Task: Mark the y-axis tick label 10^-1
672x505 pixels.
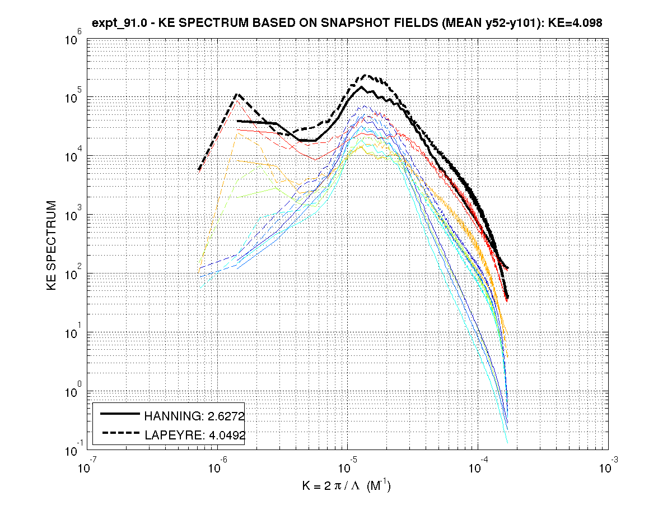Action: pyautogui.click(x=73, y=450)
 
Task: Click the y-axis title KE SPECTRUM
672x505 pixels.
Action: pyautogui.click(x=52, y=245)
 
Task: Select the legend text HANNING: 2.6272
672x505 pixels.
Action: pyautogui.click(x=194, y=416)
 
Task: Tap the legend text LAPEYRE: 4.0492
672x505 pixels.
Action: pyautogui.click(x=194, y=434)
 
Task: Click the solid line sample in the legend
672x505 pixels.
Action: pyautogui.click(x=120, y=414)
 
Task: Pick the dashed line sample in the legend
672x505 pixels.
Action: pyautogui.click(x=120, y=432)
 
